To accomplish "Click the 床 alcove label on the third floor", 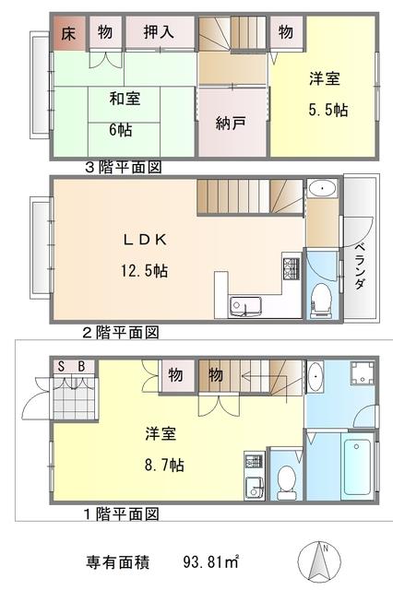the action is [68, 34].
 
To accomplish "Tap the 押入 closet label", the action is [159, 32].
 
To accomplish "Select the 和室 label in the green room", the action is [125, 99].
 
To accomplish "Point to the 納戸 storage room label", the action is [231, 123].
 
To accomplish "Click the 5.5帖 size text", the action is [328, 110].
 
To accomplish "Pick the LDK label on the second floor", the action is [146, 240].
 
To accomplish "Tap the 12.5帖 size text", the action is [144, 270].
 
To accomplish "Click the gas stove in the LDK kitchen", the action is [292, 268].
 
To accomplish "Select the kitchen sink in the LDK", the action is [246, 307].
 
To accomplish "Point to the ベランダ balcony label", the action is [360, 266].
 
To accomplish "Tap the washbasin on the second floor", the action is [322, 188].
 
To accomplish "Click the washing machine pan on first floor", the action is [363, 373].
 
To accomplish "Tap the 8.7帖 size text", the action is [164, 465].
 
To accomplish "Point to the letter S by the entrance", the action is [62, 367].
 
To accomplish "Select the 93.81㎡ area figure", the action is [211, 562].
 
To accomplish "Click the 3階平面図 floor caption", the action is [124, 167].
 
